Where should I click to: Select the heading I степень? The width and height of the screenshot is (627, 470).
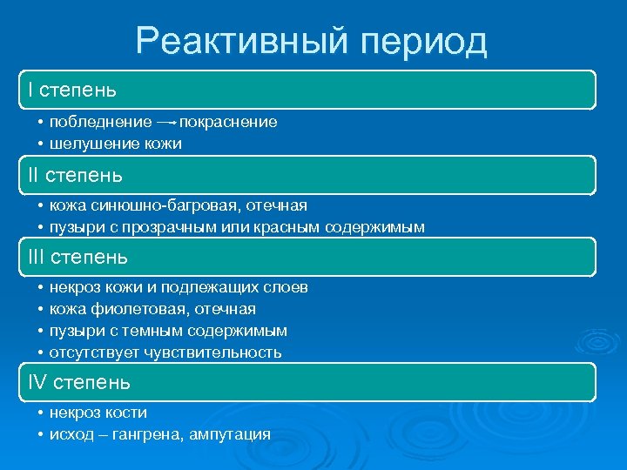coord(71,90)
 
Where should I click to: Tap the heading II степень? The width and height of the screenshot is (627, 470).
coord(74,175)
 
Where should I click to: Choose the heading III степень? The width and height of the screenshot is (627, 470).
coord(78,257)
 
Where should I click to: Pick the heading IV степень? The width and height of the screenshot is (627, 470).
coord(78,382)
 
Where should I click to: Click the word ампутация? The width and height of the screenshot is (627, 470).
coord(234,434)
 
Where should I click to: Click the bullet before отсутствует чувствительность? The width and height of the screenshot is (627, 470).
coord(40,352)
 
